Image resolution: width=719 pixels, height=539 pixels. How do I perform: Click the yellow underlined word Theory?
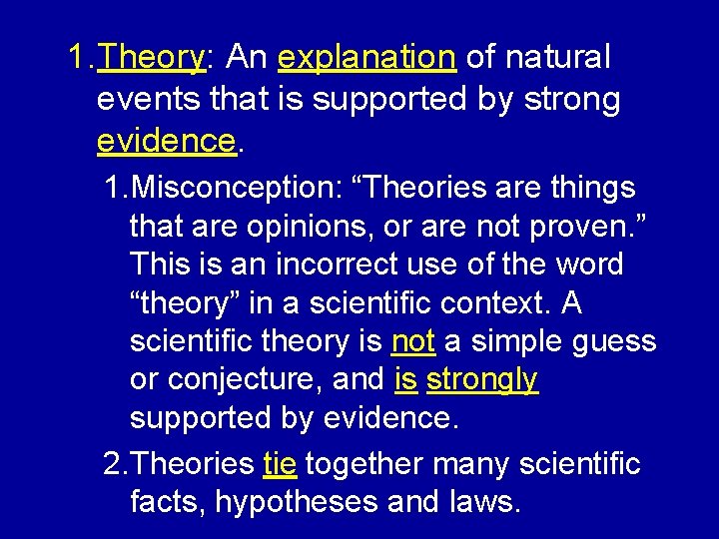click(151, 59)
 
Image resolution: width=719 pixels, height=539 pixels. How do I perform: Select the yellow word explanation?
click(367, 59)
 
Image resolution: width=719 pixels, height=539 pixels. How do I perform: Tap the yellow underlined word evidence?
click(166, 141)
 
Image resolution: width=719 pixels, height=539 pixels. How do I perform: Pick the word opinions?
click(320, 227)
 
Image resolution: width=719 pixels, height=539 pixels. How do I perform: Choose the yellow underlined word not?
click(412, 341)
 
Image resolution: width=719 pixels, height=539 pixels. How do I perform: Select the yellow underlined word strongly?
click(482, 379)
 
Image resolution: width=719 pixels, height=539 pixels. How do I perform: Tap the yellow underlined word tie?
click(279, 464)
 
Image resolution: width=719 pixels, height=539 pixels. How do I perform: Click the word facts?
click(168, 502)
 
